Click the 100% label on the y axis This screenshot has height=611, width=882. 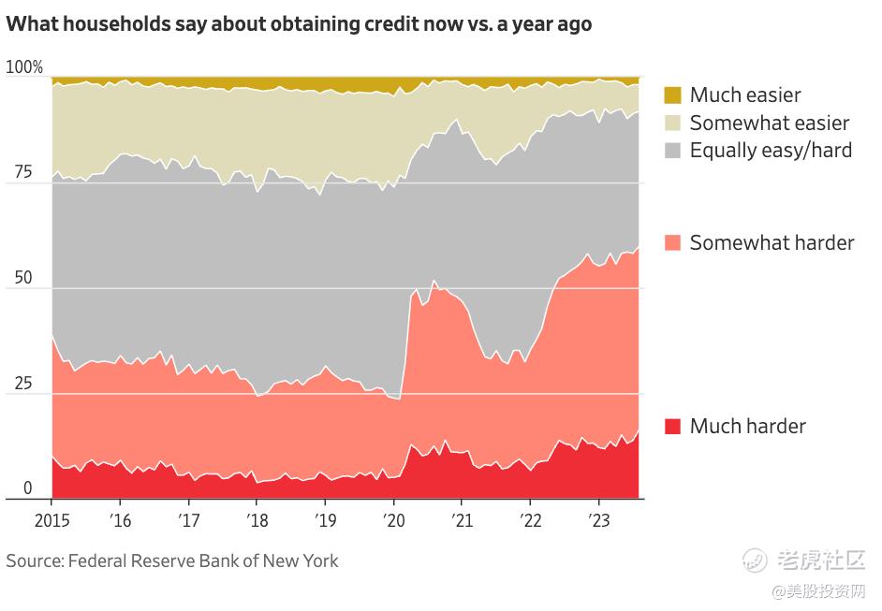pos(24,67)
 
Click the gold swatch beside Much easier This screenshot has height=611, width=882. pos(673,95)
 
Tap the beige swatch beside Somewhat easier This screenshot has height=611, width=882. pos(673,123)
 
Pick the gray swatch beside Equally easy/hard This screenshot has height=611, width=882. pos(673,150)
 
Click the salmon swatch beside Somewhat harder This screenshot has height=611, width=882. pos(673,242)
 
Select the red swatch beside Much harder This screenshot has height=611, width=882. pos(673,426)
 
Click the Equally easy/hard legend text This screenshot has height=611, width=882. pos(771,150)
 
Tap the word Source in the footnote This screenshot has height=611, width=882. pos(33,561)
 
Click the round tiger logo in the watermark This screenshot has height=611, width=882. pos(755,560)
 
